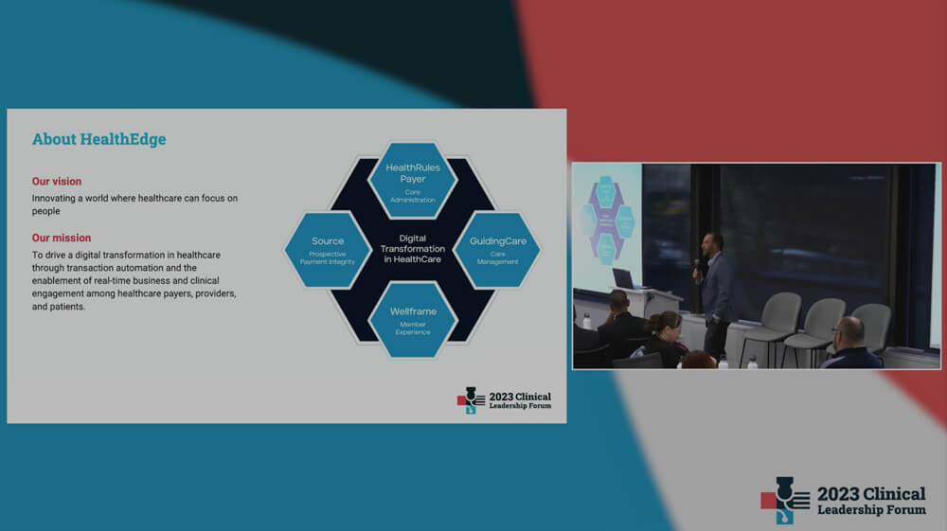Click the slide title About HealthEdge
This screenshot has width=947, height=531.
pyautogui.click(x=99, y=139)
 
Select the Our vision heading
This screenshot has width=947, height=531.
pyautogui.click(x=57, y=181)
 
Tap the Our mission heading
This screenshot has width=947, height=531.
pyautogui.click(x=62, y=238)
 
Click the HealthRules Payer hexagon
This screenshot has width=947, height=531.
pyautogui.click(x=413, y=180)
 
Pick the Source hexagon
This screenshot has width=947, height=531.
pyautogui.click(x=328, y=249)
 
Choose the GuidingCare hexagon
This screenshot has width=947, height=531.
pyautogui.click(x=498, y=249)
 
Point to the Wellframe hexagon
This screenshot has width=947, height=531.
pyautogui.click(x=413, y=320)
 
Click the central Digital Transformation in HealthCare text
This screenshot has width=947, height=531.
pyautogui.click(x=413, y=249)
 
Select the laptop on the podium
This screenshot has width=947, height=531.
pyautogui.click(x=624, y=279)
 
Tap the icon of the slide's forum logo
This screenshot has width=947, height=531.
pyautogui.click(x=471, y=400)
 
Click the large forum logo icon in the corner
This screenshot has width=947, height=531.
pyautogui.click(x=785, y=500)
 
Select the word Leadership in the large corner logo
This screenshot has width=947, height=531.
pyautogui.click(x=850, y=510)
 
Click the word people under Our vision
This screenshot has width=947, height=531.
pyautogui.click(x=45, y=211)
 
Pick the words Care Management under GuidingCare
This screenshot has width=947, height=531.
pyautogui.click(x=498, y=257)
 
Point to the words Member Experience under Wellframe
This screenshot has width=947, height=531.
pyautogui.click(x=413, y=328)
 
